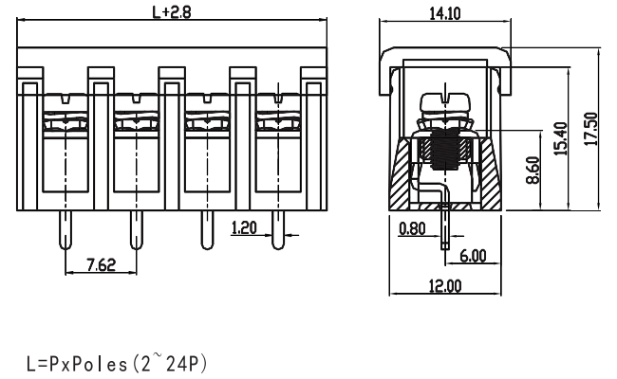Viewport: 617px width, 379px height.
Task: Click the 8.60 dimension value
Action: coord(533,172)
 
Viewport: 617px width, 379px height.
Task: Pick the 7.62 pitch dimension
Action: coord(101,265)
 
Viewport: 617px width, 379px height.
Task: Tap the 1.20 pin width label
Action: coord(245,226)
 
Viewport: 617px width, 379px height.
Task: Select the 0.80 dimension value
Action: coord(412,227)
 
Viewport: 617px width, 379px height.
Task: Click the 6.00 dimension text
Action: coord(472,256)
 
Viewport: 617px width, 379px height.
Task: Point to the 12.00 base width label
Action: coord(444,285)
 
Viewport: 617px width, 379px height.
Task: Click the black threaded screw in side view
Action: coord(445,151)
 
